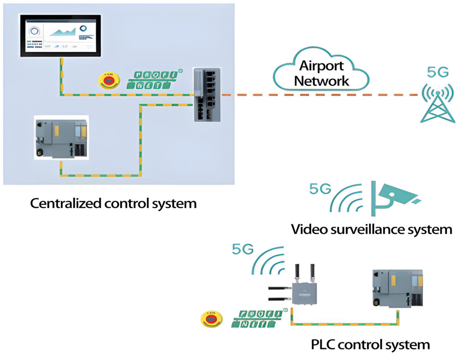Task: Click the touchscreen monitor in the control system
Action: pos(60,35)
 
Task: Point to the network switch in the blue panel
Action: pos(207,94)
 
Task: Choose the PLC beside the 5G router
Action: pos(396,288)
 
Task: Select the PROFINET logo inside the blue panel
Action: pos(154,79)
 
